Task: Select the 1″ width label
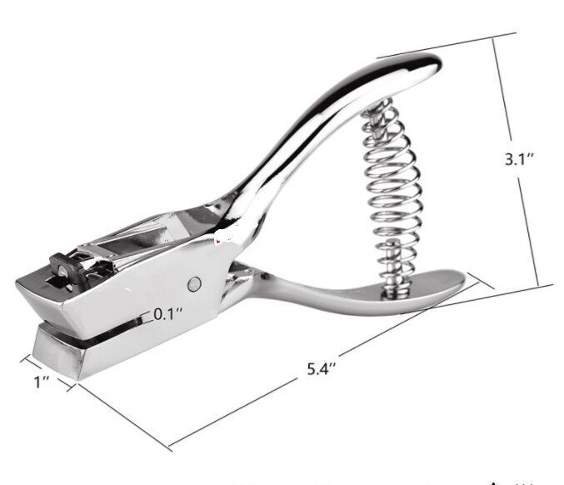(42, 382)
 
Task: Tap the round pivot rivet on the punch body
(194, 282)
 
